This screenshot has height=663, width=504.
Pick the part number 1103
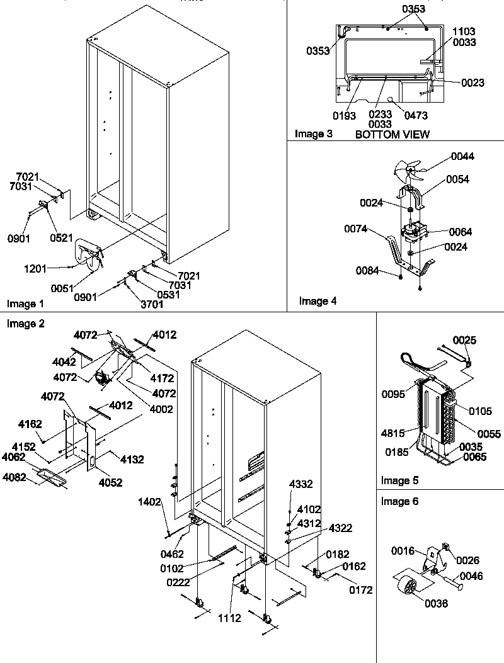464,31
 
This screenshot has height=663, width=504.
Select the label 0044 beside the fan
462,157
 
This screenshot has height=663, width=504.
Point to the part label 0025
464,341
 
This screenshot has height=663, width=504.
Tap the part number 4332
301,484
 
